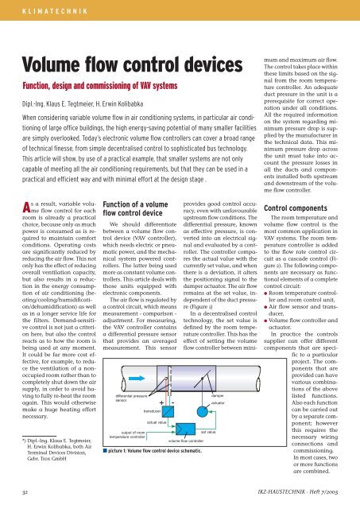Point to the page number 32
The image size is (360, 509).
pos(27,492)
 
